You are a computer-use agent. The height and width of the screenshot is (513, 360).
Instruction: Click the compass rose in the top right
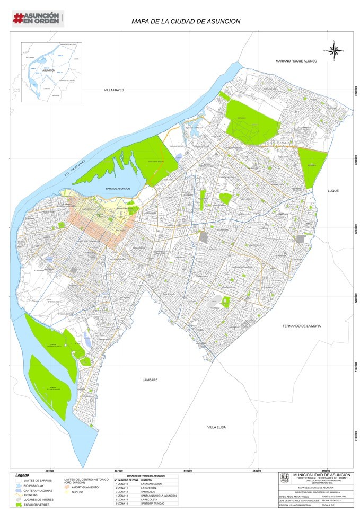(334, 51)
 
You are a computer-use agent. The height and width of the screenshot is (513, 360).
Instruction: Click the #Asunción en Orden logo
(37, 18)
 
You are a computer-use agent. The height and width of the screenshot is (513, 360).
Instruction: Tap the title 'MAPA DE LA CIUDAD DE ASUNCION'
(186, 22)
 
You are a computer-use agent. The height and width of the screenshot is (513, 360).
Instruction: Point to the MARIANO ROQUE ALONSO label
(296, 61)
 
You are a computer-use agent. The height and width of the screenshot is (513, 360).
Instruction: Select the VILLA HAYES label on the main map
(113, 90)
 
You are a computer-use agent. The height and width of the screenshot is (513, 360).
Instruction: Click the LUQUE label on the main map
(332, 191)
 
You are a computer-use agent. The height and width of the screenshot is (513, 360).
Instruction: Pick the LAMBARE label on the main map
(151, 380)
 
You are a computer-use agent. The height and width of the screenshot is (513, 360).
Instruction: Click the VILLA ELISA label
(216, 427)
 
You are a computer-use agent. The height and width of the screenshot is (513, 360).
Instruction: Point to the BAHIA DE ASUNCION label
(118, 189)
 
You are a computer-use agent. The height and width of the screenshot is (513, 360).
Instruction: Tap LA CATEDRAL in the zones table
(150, 488)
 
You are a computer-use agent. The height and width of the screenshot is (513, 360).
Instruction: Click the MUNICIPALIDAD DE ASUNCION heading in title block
(321, 475)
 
